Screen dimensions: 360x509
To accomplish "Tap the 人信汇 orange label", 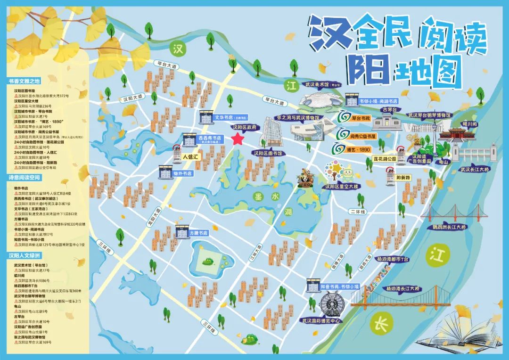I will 191,156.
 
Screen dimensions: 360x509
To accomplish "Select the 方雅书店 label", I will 198,233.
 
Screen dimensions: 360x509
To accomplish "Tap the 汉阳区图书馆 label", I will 267,153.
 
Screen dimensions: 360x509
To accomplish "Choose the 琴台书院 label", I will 361,118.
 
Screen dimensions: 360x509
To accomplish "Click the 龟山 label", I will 443,161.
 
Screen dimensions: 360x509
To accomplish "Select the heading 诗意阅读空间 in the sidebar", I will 25,178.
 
